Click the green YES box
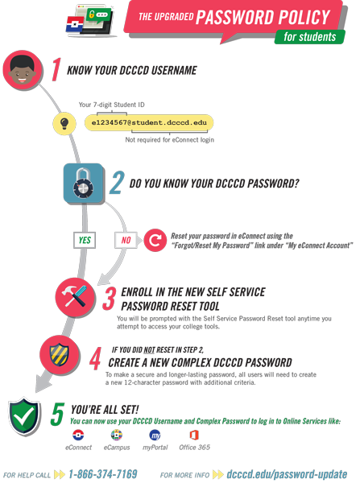click(85, 240)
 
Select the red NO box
click(126, 240)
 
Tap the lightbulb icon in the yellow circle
click(64, 123)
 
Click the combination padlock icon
click(83, 184)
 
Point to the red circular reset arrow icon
click(155, 240)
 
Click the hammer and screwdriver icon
click(75, 297)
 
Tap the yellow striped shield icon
click(60, 354)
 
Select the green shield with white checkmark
click(24, 416)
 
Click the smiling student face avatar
click(23, 70)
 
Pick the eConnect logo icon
click(78, 435)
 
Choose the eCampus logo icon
click(117, 435)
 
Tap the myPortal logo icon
click(155, 435)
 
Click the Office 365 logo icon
click(194, 435)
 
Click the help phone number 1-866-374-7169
click(103, 474)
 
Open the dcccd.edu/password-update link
click(287, 474)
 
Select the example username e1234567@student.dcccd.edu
click(149, 122)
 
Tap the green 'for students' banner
click(310, 37)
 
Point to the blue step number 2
click(117, 183)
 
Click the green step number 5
click(57, 414)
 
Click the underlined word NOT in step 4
click(149, 350)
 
